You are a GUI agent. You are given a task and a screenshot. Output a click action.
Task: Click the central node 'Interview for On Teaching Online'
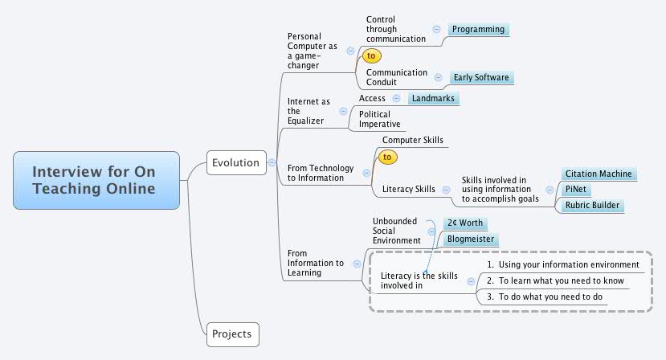tap(96, 180)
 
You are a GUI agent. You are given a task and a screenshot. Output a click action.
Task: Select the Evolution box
tap(235, 163)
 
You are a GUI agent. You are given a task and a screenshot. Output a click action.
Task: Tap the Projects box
tap(232, 333)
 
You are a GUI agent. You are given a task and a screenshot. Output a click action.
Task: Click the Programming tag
tap(478, 30)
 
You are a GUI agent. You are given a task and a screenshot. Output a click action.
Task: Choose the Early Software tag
tap(480, 78)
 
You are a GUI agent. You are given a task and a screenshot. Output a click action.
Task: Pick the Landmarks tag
tap(433, 98)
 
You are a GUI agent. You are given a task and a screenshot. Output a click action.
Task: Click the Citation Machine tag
tap(599, 174)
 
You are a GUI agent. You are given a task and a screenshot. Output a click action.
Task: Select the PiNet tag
tap(575, 190)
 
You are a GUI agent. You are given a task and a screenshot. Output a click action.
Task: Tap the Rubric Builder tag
tap(592, 206)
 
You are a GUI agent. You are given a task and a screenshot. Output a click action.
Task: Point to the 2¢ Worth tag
tap(465, 223)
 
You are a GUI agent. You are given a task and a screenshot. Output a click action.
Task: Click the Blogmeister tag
tap(470, 239)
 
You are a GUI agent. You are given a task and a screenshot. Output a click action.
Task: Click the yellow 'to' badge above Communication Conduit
tap(371, 56)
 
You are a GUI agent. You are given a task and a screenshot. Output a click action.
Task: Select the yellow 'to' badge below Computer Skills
tap(387, 157)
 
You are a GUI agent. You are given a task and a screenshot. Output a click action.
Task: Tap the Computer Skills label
tap(412, 141)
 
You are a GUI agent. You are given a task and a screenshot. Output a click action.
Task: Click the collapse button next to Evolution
tap(272, 163)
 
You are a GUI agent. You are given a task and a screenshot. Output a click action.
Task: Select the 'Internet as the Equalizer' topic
tap(308, 112)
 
